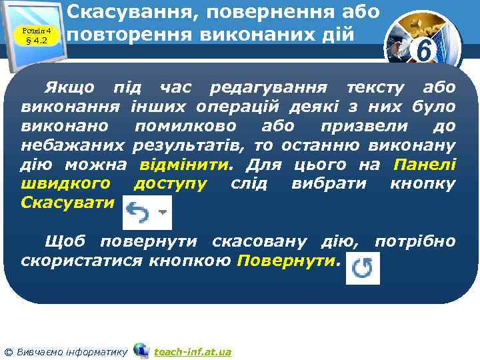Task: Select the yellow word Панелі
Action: pos(425,164)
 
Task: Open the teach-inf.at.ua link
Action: pos(192,351)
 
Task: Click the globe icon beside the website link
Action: pos(141,350)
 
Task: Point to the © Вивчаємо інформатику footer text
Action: pos(66,351)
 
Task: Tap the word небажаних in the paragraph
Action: pos(73,145)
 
